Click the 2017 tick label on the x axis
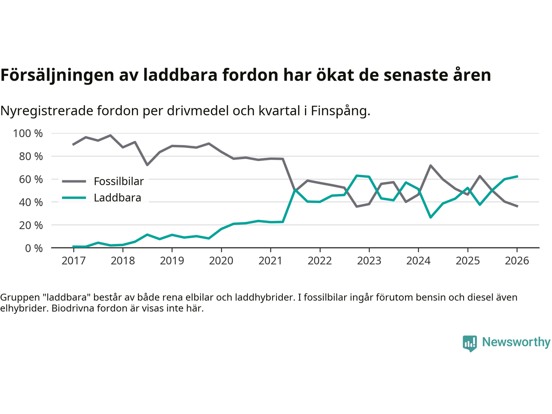pos(73,261)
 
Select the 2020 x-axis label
pos(221,261)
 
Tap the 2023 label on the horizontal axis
pos(369,261)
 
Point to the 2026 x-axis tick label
pos(517,261)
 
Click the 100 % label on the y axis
pos(28,133)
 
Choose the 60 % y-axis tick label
pos(31,179)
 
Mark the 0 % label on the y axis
pos(33,248)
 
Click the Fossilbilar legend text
pos(119,182)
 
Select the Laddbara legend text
pos(117,198)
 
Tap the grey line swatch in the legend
pos(74,182)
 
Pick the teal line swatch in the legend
pos(74,198)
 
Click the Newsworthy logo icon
pos(470,343)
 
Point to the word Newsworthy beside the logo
pos(516,342)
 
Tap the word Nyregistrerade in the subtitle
pos(47,111)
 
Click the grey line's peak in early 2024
pos(430,165)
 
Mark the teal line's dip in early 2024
pos(430,217)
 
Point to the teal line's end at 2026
pos(517,176)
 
